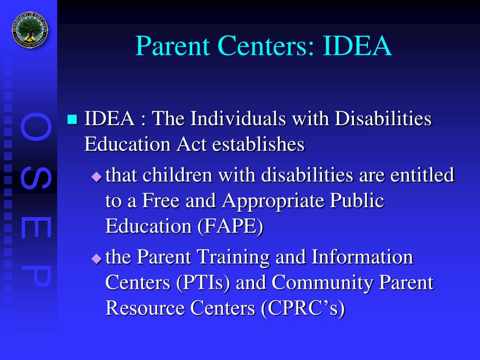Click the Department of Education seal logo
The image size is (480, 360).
point(30,30)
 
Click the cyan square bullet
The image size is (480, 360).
point(72,120)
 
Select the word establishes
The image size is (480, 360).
point(258,144)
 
